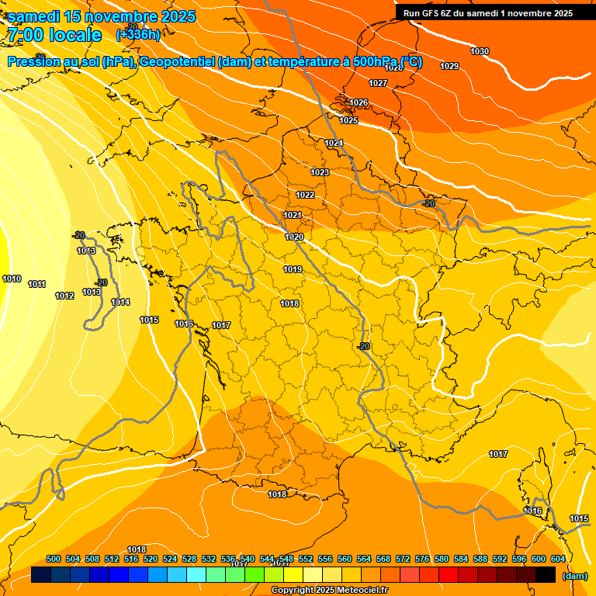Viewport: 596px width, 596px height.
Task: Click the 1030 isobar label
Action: (x=480, y=51)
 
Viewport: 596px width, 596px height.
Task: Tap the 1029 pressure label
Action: (x=449, y=66)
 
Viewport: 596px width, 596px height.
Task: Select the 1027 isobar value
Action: (x=378, y=83)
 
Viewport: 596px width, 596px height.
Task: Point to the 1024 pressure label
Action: (x=334, y=144)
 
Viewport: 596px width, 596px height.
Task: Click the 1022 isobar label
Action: (x=305, y=195)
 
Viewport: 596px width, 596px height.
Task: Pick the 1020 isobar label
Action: (x=294, y=237)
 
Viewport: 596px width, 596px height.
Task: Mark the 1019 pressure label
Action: (x=293, y=269)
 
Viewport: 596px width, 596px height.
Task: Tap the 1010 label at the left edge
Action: (x=12, y=279)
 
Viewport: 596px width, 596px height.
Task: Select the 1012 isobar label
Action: (x=64, y=296)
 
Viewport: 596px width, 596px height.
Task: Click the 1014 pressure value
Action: (x=120, y=302)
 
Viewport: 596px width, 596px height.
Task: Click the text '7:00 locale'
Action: (x=54, y=35)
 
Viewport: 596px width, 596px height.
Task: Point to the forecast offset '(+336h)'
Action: (x=138, y=34)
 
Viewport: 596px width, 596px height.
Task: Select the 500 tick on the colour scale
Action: (x=54, y=559)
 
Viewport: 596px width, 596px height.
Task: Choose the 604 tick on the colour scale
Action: (x=558, y=559)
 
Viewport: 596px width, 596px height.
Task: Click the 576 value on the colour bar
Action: (x=422, y=559)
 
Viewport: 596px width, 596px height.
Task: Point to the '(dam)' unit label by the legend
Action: (x=574, y=576)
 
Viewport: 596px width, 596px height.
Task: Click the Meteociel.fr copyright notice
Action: (x=328, y=590)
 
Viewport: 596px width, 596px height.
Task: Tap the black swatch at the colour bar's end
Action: (x=546, y=574)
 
